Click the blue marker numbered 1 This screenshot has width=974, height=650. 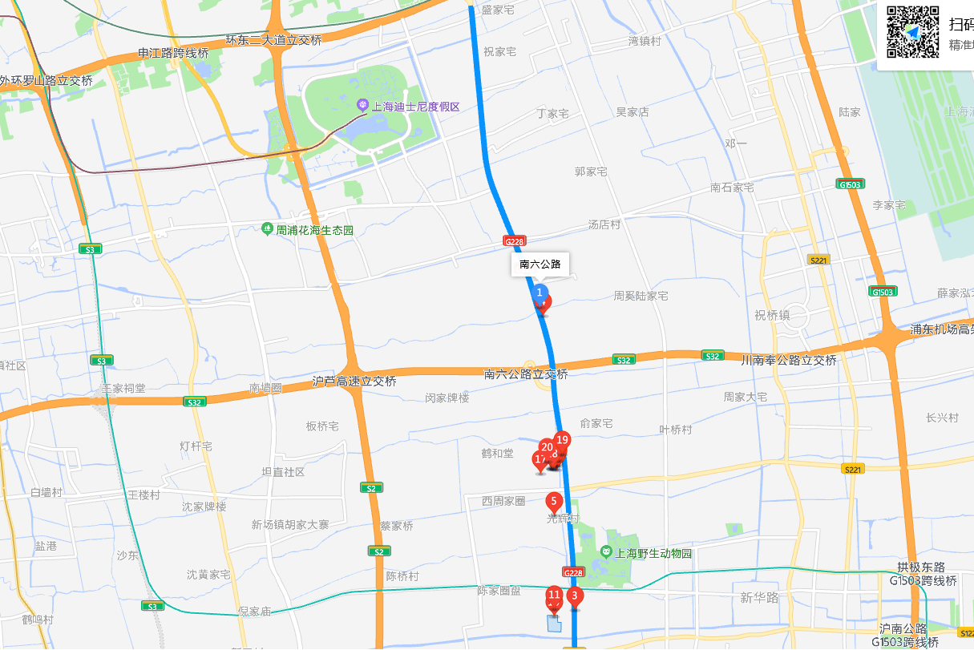[540, 293]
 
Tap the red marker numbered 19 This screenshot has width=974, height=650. [562, 440]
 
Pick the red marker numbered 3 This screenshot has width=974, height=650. [574, 595]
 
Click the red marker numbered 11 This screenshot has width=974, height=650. [554, 595]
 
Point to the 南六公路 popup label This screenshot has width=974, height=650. [540, 264]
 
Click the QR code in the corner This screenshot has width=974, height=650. [912, 31]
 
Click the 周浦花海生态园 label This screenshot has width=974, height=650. [314, 230]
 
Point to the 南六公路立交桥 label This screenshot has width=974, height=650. [526, 374]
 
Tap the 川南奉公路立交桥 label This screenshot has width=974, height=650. [789, 361]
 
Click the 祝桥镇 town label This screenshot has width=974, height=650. [772, 316]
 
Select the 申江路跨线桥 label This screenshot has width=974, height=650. [173, 54]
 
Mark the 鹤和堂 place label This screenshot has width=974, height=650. [497, 454]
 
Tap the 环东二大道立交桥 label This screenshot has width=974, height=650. [273, 39]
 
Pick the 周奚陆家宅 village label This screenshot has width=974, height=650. [641, 296]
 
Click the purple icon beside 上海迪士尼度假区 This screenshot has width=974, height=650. [362, 106]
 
